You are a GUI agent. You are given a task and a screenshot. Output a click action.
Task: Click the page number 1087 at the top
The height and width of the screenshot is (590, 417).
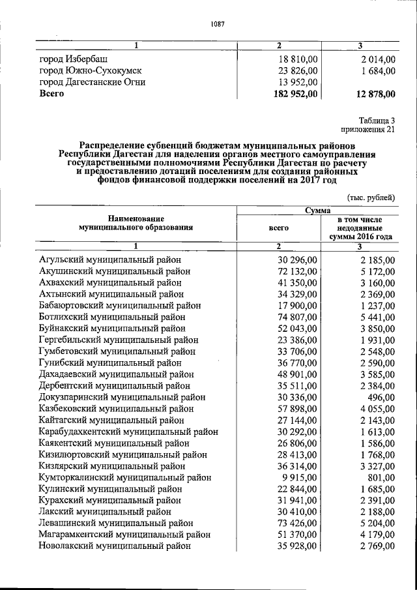(x=217, y=25)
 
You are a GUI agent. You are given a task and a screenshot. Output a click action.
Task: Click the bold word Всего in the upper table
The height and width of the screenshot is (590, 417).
(x=51, y=94)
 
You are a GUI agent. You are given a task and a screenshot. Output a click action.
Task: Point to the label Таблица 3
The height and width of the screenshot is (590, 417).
(x=377, y=119)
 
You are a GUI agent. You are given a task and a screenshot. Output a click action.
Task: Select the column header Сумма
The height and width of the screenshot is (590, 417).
(x=317, y=210)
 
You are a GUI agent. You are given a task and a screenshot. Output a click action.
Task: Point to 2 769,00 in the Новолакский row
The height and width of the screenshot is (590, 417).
(x=375, y=546)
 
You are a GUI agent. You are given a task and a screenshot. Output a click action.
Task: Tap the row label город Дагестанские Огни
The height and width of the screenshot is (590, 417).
(x=92, y=82)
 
